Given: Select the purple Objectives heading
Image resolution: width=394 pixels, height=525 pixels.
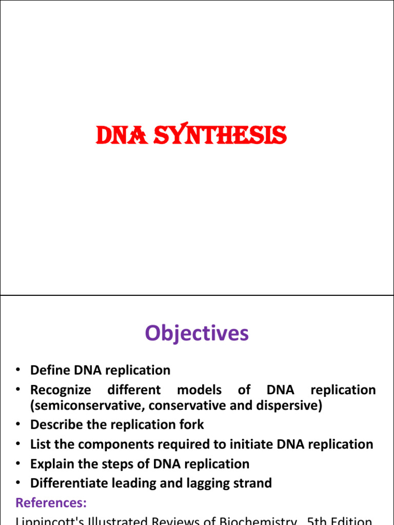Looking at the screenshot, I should (x=196, y=333).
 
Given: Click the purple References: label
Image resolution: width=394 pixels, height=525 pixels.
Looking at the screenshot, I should (x=51, y=501).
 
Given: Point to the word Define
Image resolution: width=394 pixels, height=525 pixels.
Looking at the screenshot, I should (x=50, y=370).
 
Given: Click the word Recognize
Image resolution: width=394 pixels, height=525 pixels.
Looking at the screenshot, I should (x=61, y=390).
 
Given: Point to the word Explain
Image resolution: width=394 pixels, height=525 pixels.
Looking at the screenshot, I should (x=52, y=464).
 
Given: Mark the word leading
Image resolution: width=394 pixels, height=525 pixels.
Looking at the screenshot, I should (x=137, y=483).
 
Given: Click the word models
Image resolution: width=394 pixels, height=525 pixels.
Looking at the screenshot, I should (x=199, y=390).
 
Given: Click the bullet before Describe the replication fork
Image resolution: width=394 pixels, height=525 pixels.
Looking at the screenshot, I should (x=18, y=425).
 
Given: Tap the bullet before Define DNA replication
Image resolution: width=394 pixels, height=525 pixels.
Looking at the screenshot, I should (x=18, y=370).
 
